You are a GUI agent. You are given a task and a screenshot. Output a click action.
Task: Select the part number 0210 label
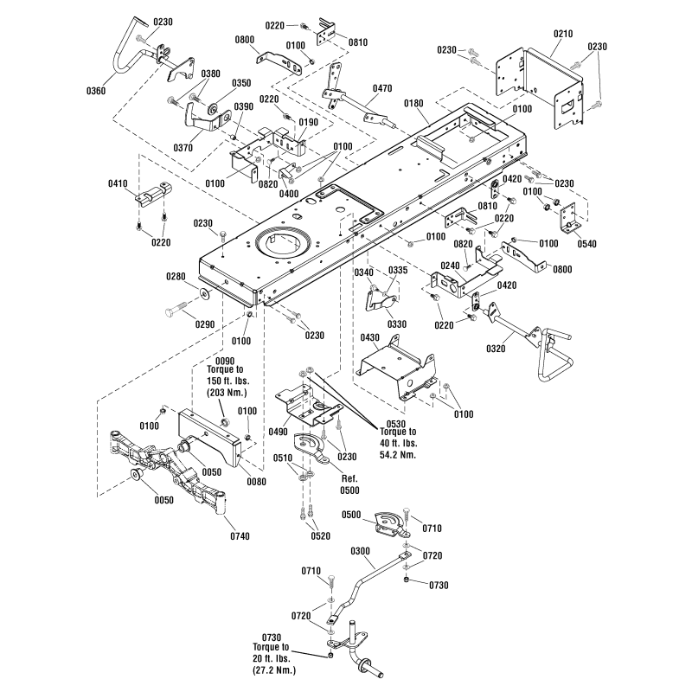click(563, 33)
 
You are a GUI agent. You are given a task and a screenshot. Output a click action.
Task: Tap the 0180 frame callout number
click(414, 104)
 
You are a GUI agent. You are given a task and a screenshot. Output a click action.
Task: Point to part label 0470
click(382, 88)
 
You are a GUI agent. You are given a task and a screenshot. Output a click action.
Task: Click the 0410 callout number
click(119, 183)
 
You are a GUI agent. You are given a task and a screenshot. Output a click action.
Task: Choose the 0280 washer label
click(176, 277)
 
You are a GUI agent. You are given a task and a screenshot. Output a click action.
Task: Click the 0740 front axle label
click(240, 536)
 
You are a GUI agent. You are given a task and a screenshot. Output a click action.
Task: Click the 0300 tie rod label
click(362, 551)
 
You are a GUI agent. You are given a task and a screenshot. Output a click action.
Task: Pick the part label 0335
click(397, 271)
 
